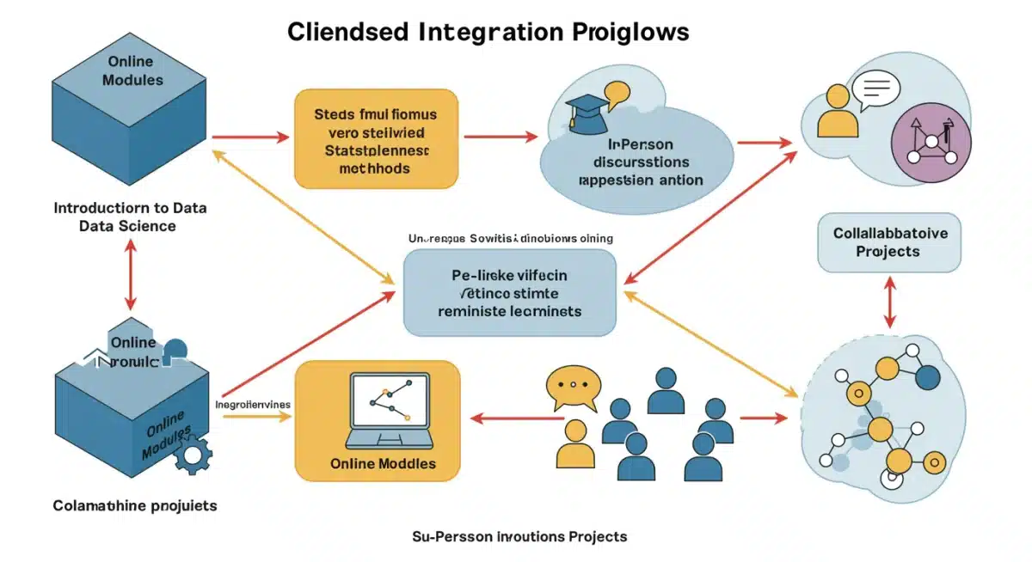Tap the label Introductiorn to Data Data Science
click(130, 217)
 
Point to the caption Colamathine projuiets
click(135, 505)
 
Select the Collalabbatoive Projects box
click(888, 241)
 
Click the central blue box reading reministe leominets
click(510, 292)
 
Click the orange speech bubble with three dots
click(571, 388)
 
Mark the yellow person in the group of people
click(575, 444)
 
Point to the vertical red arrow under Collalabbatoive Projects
click(889, 302)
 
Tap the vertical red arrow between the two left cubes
click(130, 274)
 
